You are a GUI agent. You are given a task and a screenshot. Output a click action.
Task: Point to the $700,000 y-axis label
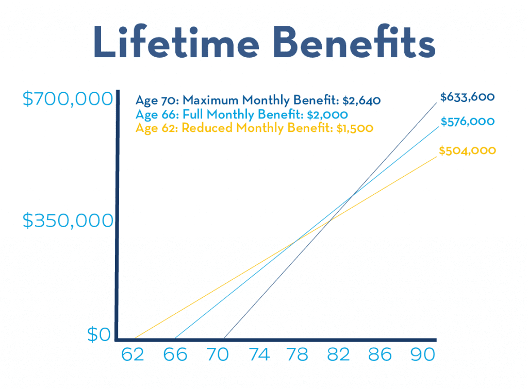[x=68, y=98]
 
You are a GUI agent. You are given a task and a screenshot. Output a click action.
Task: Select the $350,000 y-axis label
[x=68, y=221]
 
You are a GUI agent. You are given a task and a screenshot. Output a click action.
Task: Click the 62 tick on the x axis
[x=133, y=355]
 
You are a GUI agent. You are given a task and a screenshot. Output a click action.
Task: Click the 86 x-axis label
[x=379, y=355]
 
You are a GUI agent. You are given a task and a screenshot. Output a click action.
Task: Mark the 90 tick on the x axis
[x=420, y=355]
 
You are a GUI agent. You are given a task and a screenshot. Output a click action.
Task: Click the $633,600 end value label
[x=467, y=97]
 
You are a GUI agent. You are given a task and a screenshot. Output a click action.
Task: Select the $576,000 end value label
[x=468, y=122]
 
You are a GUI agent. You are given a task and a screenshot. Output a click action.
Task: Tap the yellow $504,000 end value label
[x=467, y=150]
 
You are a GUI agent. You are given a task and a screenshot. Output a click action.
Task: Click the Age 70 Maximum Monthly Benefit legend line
[x=258, y=100]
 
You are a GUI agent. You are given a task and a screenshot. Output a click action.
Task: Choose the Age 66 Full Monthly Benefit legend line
[x=241, y=114]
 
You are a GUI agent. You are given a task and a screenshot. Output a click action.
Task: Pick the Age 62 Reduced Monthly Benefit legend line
[x=254, y=128]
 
